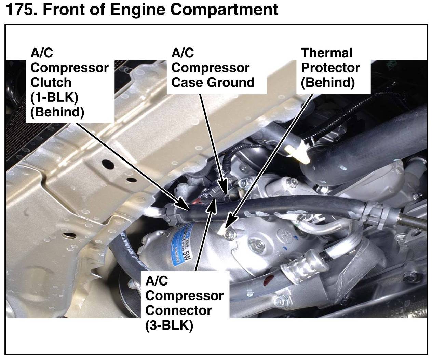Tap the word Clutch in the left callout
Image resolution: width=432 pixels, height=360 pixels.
(51, 83)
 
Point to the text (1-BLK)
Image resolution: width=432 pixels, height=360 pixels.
(54, 97)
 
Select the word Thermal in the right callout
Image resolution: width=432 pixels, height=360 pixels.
(326, 53)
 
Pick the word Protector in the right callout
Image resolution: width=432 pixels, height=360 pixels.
(330, 68)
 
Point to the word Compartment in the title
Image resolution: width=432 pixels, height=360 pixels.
(224, 10)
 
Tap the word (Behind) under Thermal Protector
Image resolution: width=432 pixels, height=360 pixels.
(327, 82)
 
